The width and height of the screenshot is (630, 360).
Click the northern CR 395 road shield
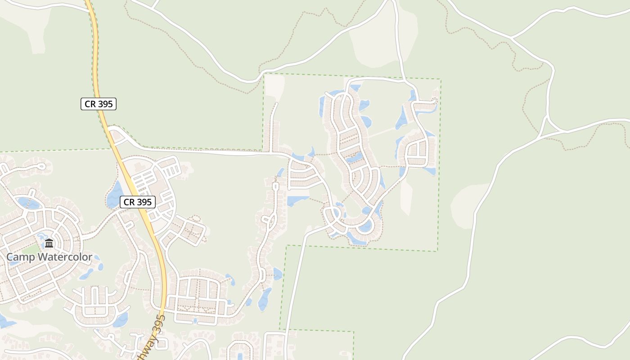98,104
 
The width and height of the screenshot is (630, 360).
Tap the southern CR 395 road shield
138,202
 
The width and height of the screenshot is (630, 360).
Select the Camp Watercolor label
49,257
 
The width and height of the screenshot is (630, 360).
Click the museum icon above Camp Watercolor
49,244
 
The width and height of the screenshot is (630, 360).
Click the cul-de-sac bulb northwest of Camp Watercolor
42,166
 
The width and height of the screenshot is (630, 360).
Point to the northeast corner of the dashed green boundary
440,80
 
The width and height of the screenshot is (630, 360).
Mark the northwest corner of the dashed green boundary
264,74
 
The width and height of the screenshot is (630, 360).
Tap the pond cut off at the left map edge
4,321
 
